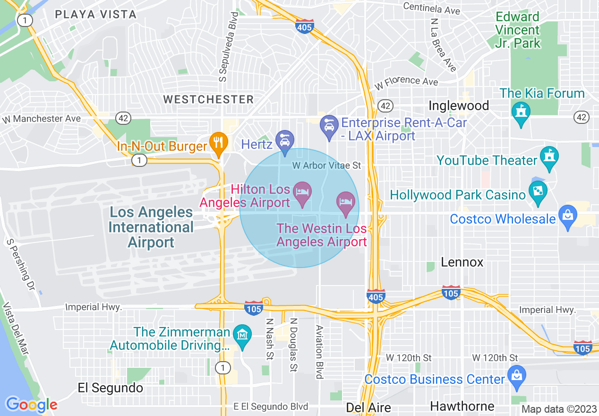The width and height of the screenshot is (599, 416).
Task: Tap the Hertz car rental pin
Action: (285, 141)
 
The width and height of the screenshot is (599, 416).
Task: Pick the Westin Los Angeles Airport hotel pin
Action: (346, 202)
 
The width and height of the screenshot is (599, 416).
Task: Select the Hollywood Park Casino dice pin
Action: (538, 191)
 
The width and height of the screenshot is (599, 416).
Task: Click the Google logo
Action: (31, 405)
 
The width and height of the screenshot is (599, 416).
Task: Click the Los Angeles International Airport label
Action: (151, 227)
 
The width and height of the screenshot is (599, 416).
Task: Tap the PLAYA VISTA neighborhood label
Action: (96, 14)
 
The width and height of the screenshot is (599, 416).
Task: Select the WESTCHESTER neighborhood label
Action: (208, 99)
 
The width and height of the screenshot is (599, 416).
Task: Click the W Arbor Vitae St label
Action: (326, 165)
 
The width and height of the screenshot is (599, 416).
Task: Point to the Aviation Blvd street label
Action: (319, 352)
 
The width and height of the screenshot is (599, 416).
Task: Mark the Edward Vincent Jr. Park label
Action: (518, 30)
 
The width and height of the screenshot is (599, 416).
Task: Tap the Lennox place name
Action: (462, 262)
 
